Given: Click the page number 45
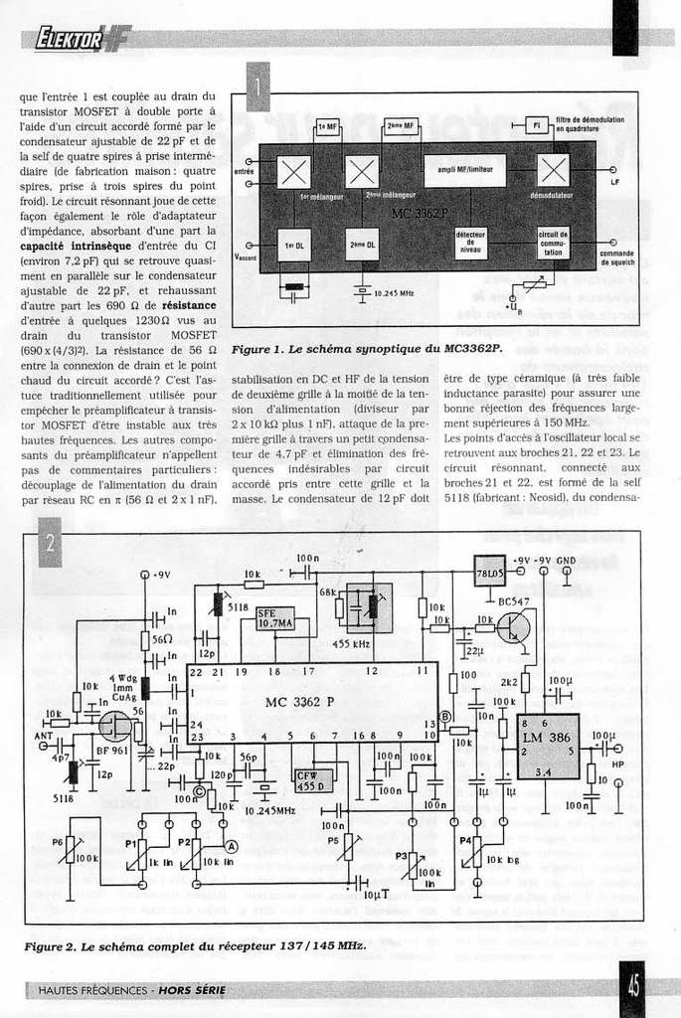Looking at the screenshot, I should (x=632, y=987).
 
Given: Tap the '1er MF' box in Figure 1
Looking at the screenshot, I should (x=327, y=126).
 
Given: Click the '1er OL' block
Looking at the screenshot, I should (x=294, y=245).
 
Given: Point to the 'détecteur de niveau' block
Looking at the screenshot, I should (x=470, y=245).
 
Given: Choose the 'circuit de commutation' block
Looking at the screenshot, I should (x=553, y=245).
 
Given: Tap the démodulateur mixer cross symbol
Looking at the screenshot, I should (x=553, y=172).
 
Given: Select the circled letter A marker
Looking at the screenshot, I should (x=232, y=846).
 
